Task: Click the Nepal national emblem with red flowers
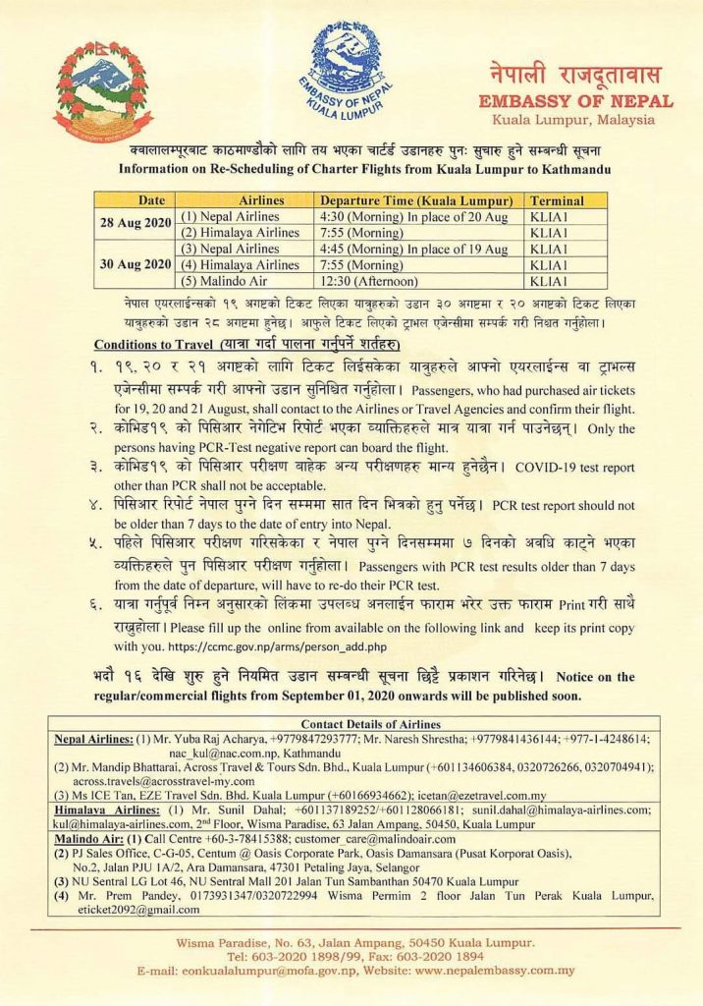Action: (103, 87)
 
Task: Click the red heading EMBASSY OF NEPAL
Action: (574, 101)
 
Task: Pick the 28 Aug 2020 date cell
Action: (136, 224)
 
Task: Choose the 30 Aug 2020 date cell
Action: (136, 265)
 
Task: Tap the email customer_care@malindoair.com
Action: (374, 840)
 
